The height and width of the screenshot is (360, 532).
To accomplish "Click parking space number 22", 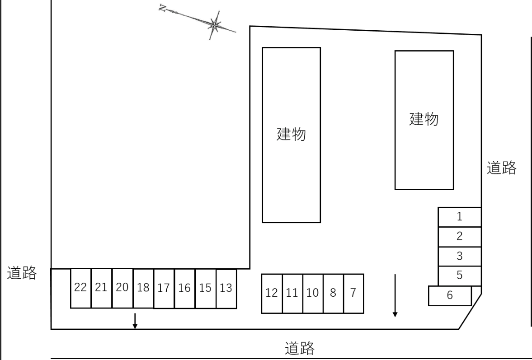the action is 81,288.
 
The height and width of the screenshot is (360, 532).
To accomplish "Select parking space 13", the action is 226,289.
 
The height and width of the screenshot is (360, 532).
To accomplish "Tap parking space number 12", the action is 272,294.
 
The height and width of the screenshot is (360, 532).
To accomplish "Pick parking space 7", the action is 353,294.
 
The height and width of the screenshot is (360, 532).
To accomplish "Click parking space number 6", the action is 450,296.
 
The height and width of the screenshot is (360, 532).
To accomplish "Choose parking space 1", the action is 460,217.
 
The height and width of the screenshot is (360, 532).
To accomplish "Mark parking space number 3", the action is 460,257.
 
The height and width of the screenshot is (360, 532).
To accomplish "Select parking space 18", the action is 144,288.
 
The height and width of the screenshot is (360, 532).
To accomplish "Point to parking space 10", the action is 313,294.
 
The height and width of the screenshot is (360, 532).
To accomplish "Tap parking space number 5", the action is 460,276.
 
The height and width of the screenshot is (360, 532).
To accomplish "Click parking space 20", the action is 122,288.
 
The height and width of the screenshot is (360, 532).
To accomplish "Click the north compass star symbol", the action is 214,25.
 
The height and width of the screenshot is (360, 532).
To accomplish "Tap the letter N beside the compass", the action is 163,8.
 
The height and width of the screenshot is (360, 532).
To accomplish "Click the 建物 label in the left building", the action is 292,134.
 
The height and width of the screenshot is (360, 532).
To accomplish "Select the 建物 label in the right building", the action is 424,119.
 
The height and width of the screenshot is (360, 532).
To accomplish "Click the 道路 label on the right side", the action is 501,168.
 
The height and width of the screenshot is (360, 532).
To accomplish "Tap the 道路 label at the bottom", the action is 300,348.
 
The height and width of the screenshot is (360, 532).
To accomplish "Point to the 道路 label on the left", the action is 22,273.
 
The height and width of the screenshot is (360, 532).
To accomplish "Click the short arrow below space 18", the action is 135,321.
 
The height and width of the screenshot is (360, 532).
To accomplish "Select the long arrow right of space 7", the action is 395,295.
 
